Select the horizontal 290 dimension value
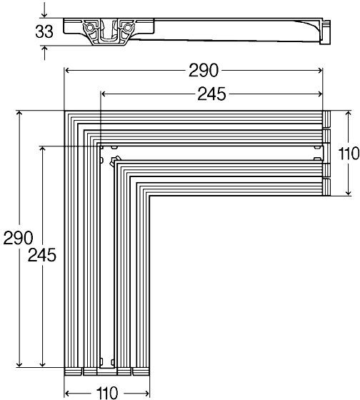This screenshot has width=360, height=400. (x=204, y=70)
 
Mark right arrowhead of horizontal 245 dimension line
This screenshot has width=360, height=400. (x=320, y=93)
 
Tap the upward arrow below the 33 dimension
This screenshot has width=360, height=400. (x=46, y=49)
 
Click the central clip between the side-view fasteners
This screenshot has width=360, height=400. (x=110, y=29)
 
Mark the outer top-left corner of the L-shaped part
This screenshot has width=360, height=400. (x=66, y=111)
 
